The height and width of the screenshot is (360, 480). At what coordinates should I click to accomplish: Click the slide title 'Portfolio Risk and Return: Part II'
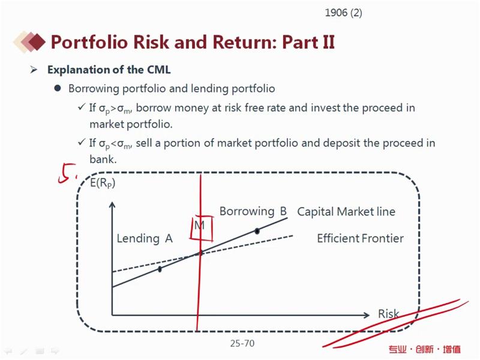[193, 42]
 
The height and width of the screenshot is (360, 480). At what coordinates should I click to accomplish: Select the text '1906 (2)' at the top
[343, 13]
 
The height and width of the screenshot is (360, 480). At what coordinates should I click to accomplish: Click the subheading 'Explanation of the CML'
[109, 70]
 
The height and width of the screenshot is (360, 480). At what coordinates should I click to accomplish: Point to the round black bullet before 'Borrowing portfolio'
[57, 88]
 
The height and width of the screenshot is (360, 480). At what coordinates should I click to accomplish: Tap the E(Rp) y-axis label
[103, 183]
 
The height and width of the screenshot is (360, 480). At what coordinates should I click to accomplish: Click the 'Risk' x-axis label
[388, 314]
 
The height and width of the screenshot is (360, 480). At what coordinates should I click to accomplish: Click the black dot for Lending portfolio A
[160, 269]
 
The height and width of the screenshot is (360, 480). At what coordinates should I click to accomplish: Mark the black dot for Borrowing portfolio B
[257, 231]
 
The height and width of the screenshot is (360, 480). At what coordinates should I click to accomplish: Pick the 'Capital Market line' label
[346, 212]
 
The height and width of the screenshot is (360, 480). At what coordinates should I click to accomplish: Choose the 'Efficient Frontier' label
[361, 238]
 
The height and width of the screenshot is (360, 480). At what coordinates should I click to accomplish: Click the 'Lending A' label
[145, 238]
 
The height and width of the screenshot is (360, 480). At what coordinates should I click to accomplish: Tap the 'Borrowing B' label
[253, 211]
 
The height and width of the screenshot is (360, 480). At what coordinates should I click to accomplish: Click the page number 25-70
[242, 343]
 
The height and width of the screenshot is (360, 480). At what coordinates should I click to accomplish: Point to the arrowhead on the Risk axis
[367, 315]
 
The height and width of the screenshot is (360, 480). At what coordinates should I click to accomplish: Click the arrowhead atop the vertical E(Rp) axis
[112, 205]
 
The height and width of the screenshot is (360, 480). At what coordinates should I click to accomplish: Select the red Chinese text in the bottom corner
[425, 349]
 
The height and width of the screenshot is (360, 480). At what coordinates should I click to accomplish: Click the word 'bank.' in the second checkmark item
[103, 159]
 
